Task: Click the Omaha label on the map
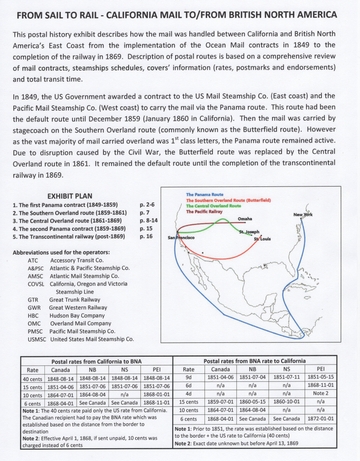(x=245, y=219)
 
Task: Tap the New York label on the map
(x=303, y=215)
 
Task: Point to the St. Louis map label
(x=262, y=239)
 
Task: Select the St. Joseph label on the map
(x=249, y=232)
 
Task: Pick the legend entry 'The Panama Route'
(x=205, y=194)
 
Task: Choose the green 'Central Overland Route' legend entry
(x=213, y=206)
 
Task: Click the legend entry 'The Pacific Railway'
(x=205, y=212)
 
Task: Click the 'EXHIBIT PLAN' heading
(x=70, y=196)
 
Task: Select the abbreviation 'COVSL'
(x=36, y=284)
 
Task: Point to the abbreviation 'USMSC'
(x=36, y=339)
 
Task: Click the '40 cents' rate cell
(x=32, y=378)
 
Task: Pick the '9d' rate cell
(x=188, y=378)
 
